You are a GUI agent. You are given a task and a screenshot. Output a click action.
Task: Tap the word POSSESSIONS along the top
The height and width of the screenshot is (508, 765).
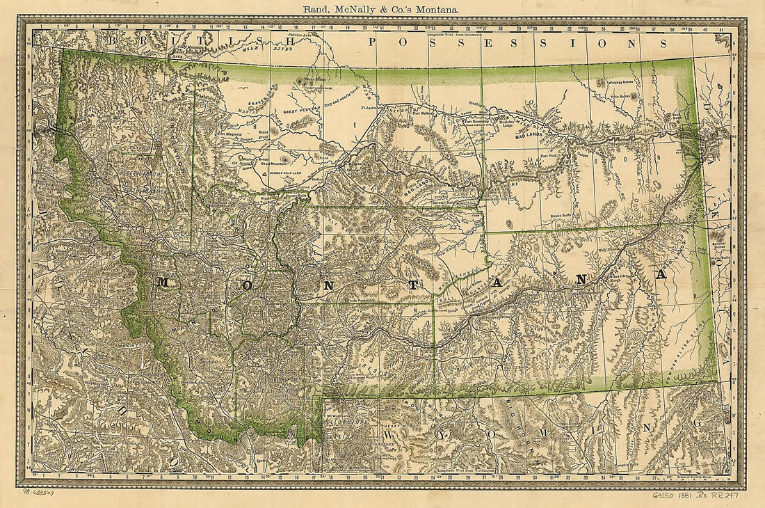514,42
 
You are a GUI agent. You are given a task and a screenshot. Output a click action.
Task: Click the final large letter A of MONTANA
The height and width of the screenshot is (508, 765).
660,274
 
